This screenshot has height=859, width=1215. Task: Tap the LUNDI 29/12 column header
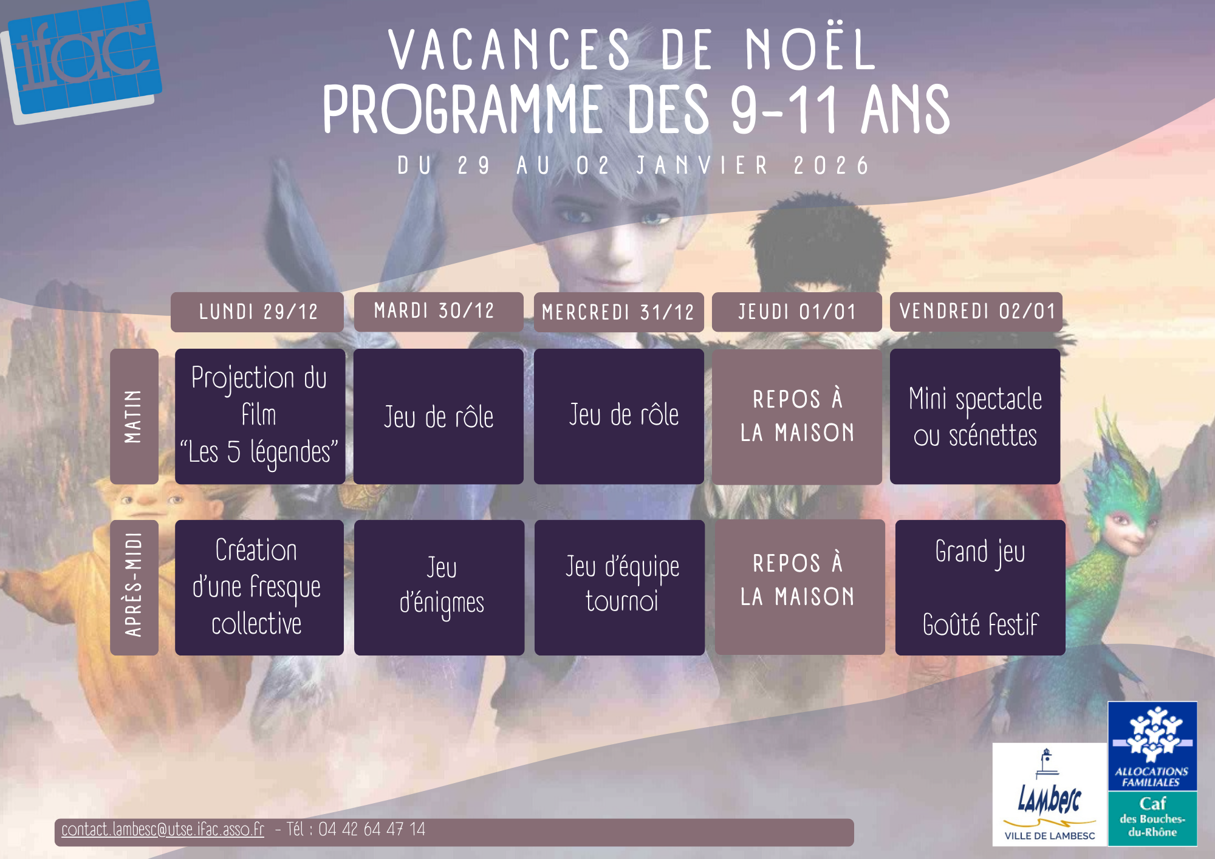coord(258,312)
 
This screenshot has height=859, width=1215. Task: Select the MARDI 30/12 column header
coord(439,312)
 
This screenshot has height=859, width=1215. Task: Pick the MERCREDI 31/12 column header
coord(618,312)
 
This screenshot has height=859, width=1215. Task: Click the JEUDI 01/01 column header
coord(796,312)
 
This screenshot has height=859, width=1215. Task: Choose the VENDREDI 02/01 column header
coord(976,312)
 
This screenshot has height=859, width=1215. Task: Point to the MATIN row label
coord(134,416)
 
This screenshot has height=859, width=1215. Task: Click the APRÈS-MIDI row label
coord(134,587)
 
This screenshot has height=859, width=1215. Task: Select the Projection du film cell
coord(260,416)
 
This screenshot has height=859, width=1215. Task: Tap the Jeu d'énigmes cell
coord(439,587)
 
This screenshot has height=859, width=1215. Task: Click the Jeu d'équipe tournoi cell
coord(620,587)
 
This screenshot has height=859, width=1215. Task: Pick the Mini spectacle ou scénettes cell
coord(975,416)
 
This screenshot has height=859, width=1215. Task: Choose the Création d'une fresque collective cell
coord(259,587)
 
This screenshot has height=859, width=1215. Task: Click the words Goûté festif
coord(981,625)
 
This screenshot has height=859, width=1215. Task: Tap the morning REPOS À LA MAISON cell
coord(797,416)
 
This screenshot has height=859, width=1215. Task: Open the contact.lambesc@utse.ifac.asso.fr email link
coord(163,830)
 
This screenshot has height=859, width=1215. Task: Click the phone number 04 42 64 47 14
coord(372,829)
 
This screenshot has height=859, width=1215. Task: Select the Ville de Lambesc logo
coord(1050,795)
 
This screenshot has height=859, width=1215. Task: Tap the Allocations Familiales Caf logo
coord(1152,774)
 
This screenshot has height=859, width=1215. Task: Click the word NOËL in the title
coord(811,50)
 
